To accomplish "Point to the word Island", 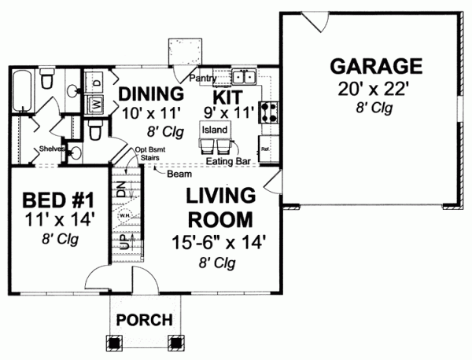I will click(x=215, y=129).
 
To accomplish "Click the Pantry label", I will click(x=201, y=79).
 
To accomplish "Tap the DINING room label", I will click(x=151, y=93).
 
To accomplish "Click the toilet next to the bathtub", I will click(x=47, y=80).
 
